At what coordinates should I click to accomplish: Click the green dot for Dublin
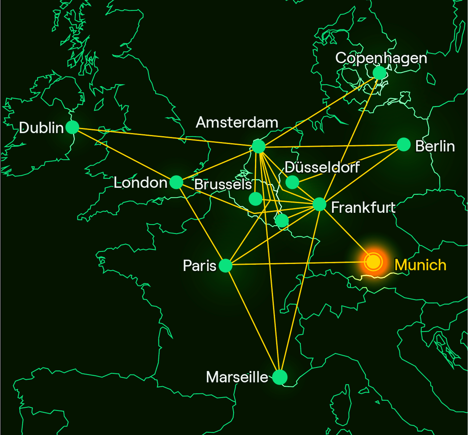72,127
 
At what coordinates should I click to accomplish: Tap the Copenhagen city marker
379,73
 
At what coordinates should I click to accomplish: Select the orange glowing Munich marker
373,262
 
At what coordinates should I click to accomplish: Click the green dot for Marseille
280,377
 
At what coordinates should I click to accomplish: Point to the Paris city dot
226,265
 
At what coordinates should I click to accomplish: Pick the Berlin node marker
404,145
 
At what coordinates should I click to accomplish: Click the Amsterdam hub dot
258,146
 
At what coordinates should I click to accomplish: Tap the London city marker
176,182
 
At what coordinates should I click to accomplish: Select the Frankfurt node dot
319,204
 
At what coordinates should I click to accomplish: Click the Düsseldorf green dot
292,182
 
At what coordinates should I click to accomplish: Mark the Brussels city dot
255,199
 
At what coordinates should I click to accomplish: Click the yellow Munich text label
420,265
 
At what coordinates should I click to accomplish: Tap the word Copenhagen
381,58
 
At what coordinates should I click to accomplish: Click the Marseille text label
237,377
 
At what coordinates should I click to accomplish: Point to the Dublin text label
41,128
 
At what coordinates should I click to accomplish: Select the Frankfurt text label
363,207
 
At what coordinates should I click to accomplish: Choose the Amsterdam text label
237,122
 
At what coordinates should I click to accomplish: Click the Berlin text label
435,146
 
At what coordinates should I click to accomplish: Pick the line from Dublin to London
124,155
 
